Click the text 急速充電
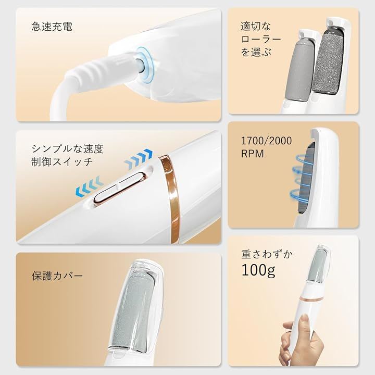click(52, 27)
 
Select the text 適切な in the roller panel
click(255, 27)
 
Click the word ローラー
click(261, 39)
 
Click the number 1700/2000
click(267, 141)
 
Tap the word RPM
click(252, 154)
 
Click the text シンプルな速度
click(67, 149)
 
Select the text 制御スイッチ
click(62, 161)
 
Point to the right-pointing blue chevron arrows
click(138, 157)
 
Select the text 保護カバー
click(57, 276)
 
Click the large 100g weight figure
click(258, 270)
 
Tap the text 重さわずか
click(267, 254)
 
